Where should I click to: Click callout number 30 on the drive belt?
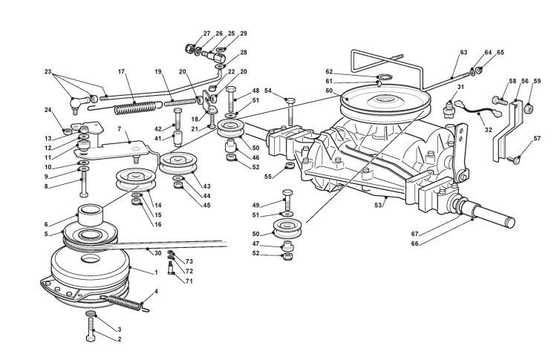(158, 253)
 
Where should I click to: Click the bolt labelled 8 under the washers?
(82, 183)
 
